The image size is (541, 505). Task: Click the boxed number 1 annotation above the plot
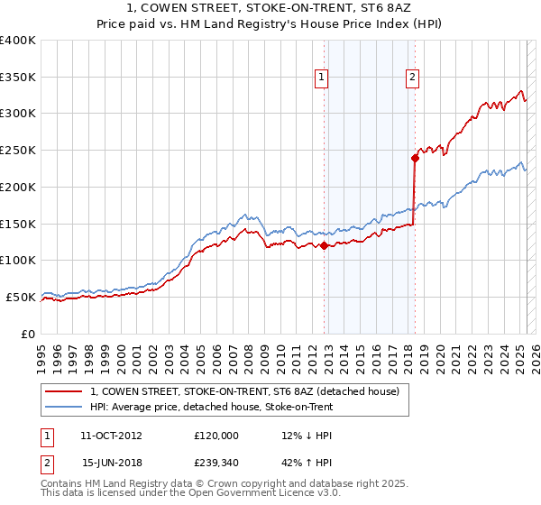coord(322,78)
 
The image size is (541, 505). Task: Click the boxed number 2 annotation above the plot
coord(412,78)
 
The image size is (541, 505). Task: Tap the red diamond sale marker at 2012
coord(324,245)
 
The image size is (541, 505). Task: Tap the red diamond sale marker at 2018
coord(415,158)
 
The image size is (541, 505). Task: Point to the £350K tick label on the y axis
coord(18,78)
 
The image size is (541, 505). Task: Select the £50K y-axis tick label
coord(21,297)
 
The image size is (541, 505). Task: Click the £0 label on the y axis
coord(28,334)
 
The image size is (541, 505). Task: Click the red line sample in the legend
coord(64,391)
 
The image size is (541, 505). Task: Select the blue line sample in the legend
coord(64,407)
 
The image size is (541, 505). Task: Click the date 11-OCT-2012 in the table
coord(111,436)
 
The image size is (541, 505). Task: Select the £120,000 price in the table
coord(216,436)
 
